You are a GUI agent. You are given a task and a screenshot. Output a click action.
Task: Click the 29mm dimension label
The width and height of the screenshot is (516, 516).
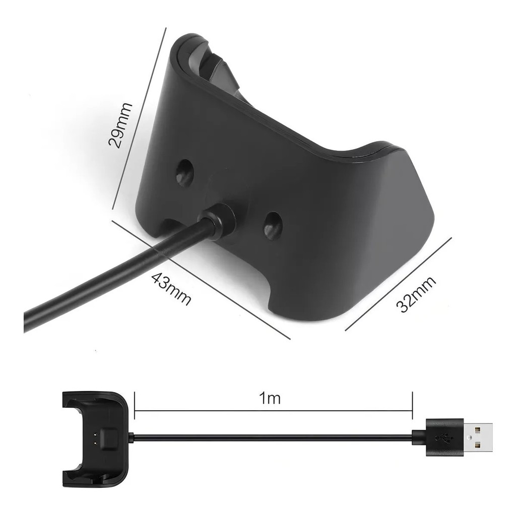[120, 125]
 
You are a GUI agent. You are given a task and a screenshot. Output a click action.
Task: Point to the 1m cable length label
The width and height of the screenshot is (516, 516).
[270, 399]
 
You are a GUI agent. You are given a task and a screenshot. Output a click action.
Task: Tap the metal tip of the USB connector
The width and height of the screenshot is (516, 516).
[478, 437]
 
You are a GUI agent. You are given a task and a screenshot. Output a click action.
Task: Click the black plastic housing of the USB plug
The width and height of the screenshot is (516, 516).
[444, 437]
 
